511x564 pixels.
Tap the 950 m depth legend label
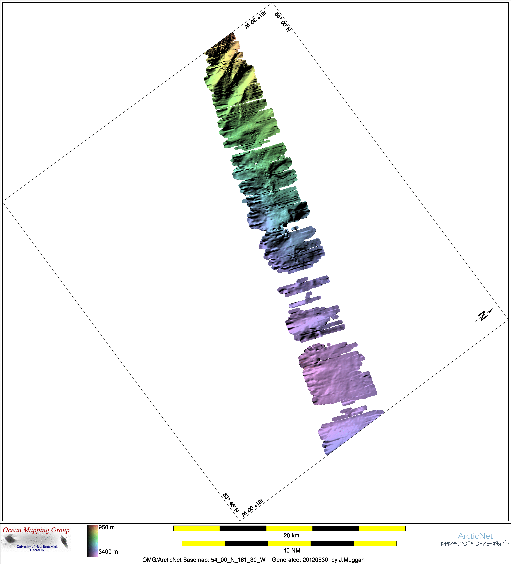coord(107,527)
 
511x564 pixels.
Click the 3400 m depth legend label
coord(108,552)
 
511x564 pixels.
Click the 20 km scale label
coord(291,535)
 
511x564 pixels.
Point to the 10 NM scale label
coord(292,551)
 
